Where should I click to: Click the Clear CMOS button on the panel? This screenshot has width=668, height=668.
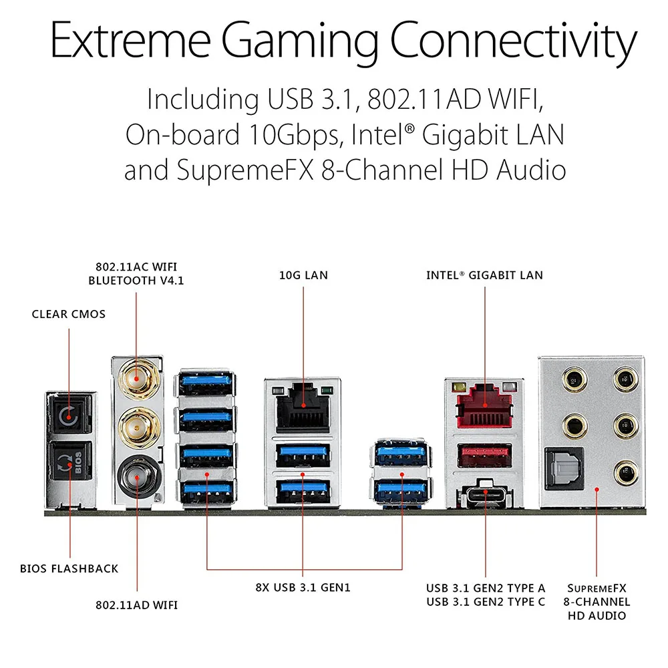tap(68, 417)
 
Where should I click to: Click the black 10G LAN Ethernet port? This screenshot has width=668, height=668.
tap(303, 405)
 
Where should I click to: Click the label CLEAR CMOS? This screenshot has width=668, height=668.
tap(69, 314)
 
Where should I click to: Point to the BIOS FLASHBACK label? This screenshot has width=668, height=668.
tap(69, 568)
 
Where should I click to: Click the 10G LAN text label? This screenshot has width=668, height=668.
tap(303, 275)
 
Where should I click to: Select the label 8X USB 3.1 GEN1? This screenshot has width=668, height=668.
tap(303, 588)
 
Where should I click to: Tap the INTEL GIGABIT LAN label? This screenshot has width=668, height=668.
tap(485, 275)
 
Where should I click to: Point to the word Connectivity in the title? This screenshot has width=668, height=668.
tap(513, 41)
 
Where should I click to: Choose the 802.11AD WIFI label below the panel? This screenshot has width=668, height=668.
tap(136, 605)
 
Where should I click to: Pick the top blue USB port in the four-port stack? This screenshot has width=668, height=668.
tap(207, 385)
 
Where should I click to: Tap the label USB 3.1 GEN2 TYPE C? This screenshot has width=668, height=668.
tap(486, 602)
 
